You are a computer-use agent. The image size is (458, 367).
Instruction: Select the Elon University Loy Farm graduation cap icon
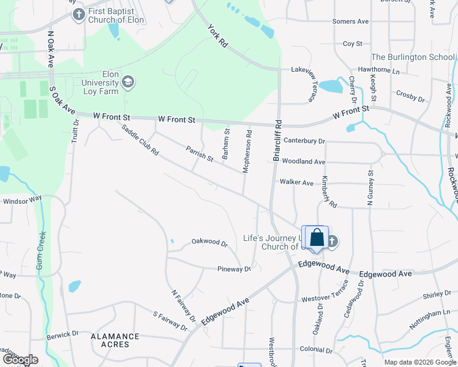(x=128, y=81)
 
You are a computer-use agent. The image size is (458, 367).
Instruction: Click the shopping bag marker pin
(x=317, y=237)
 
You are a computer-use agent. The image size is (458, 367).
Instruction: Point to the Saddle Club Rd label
(x=140, y=140)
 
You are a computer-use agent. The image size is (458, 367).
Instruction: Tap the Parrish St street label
(x=200, y=154)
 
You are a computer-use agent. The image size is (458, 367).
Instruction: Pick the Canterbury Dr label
(x=304, y=141)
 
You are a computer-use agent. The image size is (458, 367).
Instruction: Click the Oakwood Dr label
(x=209, y=242)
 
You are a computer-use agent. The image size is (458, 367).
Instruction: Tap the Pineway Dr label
(x=234, y=269)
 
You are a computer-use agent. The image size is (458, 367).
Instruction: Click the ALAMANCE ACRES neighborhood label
(x=114, y=340)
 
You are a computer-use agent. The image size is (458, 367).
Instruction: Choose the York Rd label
(x=217, y=36)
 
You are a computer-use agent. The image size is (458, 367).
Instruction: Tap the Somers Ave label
(x=350, y=21)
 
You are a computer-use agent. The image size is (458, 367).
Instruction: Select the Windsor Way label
(x=22, y=200)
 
